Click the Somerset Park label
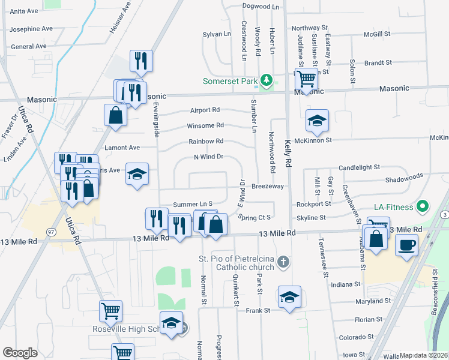229,81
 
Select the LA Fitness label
393,207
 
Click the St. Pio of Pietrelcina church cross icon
284,262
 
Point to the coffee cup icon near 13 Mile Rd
407,245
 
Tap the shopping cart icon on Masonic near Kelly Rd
306,78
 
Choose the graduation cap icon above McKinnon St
317,121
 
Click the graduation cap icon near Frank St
289,297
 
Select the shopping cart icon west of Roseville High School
110,311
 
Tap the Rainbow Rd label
206,142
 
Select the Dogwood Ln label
261,7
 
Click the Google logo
20,353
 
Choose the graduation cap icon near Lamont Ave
137,174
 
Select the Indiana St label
345,284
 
